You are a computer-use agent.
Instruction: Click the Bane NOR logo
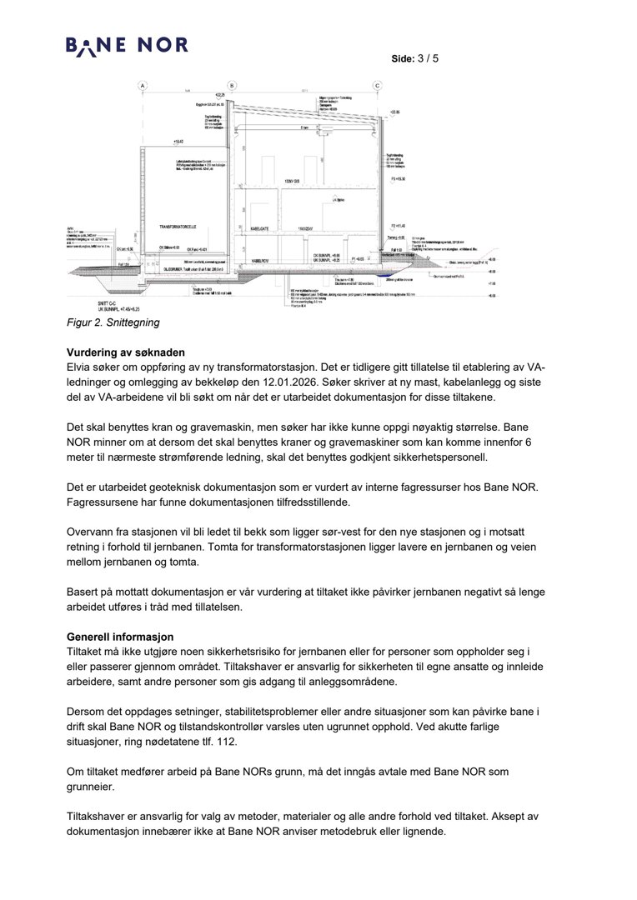click(x=127, y=46)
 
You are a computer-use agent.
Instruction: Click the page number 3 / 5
click(x=427, y=59)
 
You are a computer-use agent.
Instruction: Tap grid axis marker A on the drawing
click(x=143, y=86)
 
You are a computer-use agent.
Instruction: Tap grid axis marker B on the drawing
click(x=232, y=86)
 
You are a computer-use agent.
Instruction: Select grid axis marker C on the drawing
click(x=377, y=86)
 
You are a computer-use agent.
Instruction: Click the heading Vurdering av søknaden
click(x=125, y=352)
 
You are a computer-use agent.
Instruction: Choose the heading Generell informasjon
click(x=120, y=637)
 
